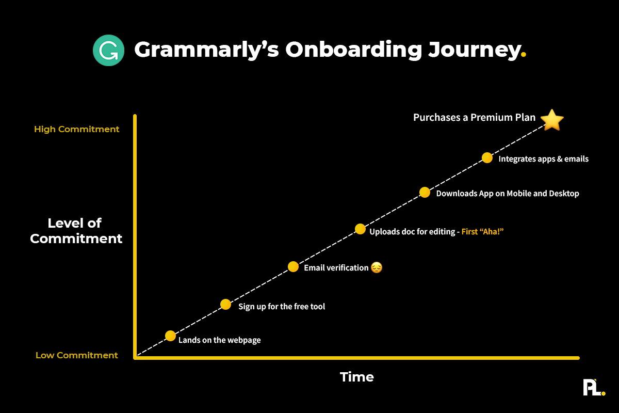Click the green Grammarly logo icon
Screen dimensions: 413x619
click(x=108, y=50)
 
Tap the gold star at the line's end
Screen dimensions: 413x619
click(x=552, y=120)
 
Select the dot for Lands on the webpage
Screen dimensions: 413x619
click(x=171, y=336)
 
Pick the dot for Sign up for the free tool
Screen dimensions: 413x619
click(x=225, y=304)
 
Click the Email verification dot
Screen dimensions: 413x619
click(x=293, y=266)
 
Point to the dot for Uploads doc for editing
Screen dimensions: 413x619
click(x=360, y=229)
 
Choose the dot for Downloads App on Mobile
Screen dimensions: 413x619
click(x=425, y=193)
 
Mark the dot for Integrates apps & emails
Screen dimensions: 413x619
click(x=486, y=157)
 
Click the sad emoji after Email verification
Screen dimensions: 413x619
click(x=377, y=267)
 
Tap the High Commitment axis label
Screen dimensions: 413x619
click(x=77, y=129)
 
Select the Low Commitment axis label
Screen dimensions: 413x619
click(x=77, y=355)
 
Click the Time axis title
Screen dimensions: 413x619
click(x=357, y=377)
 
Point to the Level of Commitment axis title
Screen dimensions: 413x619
click(x=76, y=231)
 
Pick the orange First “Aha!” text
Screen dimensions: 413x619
click(x=482, y=232)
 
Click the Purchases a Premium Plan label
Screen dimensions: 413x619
click(x=475, y=118)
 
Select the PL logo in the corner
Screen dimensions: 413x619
click(x=594, y=387)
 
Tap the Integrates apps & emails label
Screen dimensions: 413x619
click(x=543, y=159)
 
